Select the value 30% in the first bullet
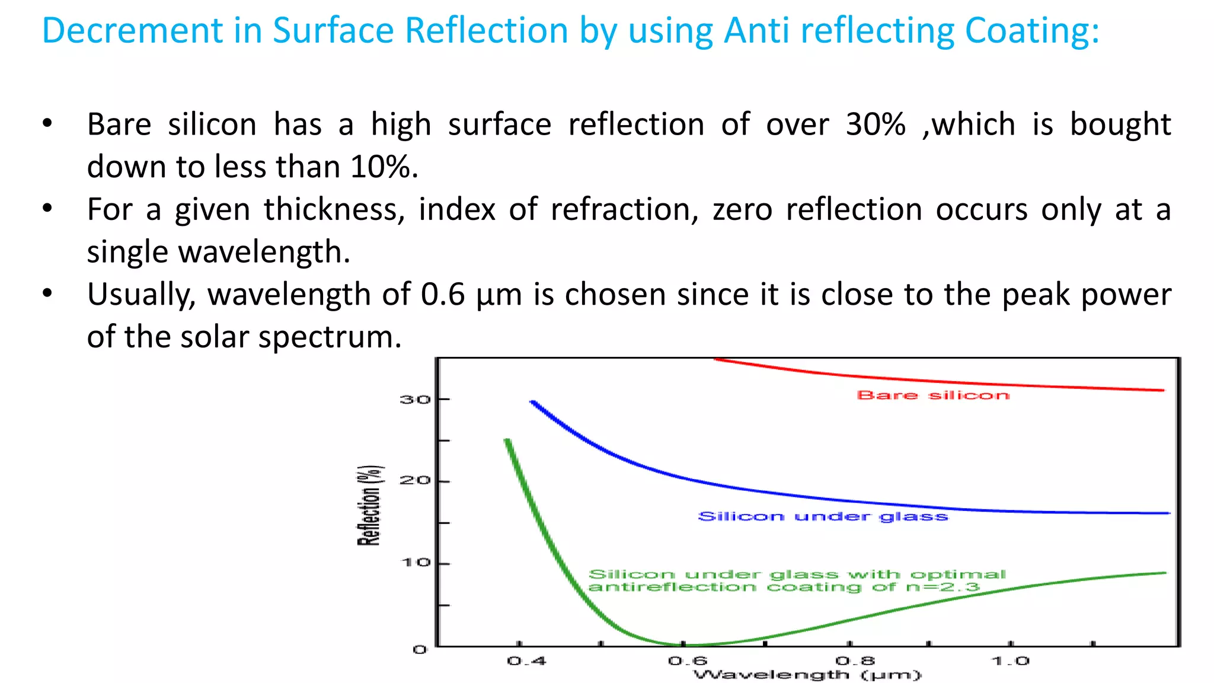tap(876, 125)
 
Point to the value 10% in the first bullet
tap(383, 167)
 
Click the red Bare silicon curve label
tap(933, 395)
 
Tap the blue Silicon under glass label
tap(823, 516)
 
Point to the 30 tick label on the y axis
tap(414, 400)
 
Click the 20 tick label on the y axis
tap(414, 480)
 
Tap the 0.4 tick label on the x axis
tap(526, 660)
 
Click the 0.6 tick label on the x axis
tap(688, 660)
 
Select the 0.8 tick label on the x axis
tap(855, 660)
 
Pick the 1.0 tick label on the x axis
tap(1011, 660)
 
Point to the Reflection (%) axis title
tap(369, 505)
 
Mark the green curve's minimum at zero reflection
tap(688, 644)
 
